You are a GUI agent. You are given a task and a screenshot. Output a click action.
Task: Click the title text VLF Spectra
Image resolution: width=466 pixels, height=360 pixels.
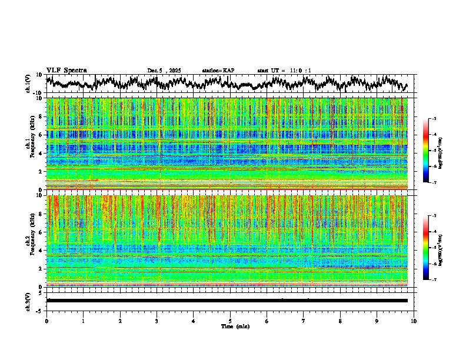(x=66, y=70)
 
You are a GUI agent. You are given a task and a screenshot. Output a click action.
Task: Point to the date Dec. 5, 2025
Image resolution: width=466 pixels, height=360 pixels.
(x=164, y=71)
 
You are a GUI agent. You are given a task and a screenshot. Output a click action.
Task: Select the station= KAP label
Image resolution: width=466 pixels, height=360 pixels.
(x=218, y=71)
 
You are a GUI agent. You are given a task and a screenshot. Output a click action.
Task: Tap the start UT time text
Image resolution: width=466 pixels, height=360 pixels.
(x=284, y=71)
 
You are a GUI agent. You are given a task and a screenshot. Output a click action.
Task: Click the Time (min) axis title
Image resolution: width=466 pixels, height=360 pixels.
(x=235, y=326)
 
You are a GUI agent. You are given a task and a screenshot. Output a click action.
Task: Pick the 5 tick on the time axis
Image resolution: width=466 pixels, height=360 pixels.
(x=230, y=321)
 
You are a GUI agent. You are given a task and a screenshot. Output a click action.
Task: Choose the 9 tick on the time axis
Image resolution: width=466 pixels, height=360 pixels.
(x=377, y=321)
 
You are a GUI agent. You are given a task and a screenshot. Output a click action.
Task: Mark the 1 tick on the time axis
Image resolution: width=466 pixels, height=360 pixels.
(x=83, y=321)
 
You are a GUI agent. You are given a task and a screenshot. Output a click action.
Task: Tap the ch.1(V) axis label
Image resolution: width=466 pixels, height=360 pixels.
(x=28, y=84)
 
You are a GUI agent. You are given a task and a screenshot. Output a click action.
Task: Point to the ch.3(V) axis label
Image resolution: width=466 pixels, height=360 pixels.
(x=28, y=300)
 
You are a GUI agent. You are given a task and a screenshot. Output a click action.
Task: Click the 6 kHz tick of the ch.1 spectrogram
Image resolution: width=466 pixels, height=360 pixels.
(x=41, y=135)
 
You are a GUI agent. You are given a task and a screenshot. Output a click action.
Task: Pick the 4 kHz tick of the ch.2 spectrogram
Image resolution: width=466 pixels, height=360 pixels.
(x=41, y=250)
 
